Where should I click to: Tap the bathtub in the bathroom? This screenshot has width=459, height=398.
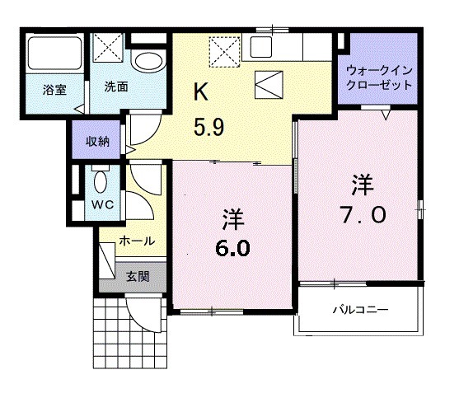(x=54, y=54)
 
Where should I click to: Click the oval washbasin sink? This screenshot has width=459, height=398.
(x=149, y=62)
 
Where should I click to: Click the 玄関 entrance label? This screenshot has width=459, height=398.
(x=137, y=276)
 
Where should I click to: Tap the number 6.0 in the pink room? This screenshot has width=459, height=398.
(x=233, y=248)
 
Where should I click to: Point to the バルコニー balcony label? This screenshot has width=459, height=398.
(x=360, y=310)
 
